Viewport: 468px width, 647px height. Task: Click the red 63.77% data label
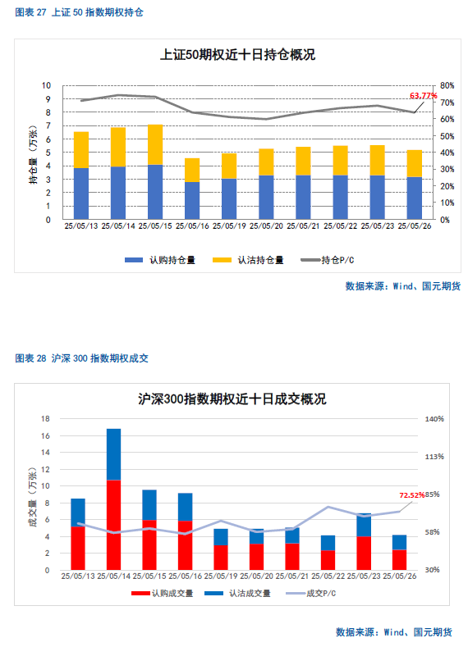[x=423, y=96]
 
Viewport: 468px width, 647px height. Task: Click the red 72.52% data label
[x=412, y=495]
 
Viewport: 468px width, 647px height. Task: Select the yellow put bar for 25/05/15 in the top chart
[x=155, y=144]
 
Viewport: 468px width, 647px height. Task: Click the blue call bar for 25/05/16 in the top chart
[x=192, y=201]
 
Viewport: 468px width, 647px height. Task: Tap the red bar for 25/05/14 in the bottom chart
[x=113, y=525]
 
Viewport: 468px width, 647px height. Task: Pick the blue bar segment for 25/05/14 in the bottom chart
[x=113, y=454]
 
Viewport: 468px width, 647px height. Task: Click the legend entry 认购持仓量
[x=160, y=260]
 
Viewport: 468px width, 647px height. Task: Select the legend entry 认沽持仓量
[x=248, y=260]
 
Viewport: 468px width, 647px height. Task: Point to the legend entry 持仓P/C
[x=327, y=260]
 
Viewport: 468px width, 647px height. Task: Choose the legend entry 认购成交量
[x=162, y=594]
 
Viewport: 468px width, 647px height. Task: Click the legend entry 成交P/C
[x=310, y=594]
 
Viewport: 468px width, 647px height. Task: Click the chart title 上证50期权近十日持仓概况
[x=237, y=54]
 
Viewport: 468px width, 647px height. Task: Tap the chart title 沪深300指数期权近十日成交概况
[x=232, y=399]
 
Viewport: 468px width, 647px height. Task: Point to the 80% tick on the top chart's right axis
[x=447, y=86]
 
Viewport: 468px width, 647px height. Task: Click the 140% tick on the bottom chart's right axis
[x=434, y=419]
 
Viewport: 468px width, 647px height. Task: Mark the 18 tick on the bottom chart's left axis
[x=45, y=419]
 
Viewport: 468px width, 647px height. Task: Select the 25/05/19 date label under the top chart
[x=229, y=226]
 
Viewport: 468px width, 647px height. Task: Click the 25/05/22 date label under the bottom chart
[x=328, y=576]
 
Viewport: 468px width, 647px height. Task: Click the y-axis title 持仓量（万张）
[x=33, y=155]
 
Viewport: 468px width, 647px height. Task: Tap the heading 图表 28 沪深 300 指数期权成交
[x=81, y=358]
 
